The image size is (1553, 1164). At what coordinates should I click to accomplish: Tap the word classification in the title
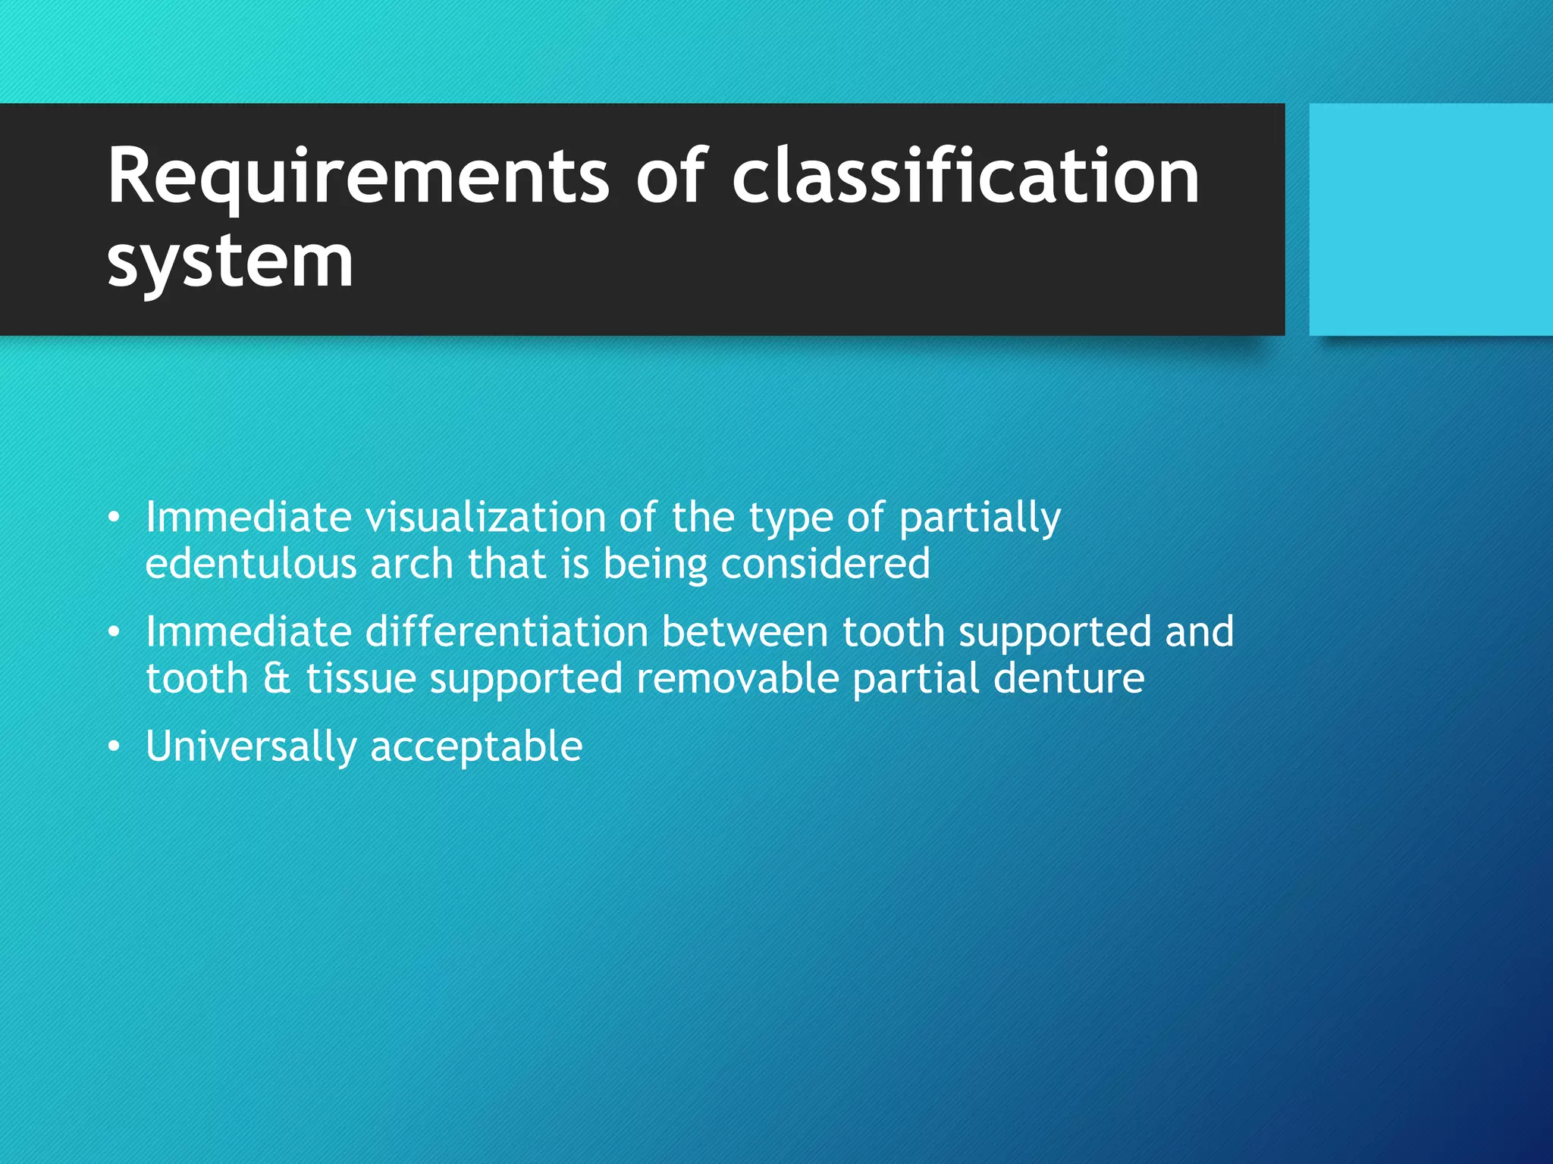coord(965,176)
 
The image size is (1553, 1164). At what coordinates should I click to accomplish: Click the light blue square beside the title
coord(1430,220)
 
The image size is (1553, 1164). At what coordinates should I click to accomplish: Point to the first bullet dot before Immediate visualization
coord(114,518)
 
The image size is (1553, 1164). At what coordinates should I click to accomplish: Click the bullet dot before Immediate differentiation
coord(114,632)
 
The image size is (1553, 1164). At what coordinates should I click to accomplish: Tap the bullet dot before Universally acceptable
coord(114,747)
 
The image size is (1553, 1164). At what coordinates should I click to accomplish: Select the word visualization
coord(485,517)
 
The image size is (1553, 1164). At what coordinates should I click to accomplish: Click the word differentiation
coord(506,631)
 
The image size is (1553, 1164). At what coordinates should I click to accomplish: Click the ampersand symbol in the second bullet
coord(277,678)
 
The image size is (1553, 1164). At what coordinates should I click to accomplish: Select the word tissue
coord(361,678)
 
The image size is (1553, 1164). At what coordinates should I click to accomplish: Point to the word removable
coord(737,678)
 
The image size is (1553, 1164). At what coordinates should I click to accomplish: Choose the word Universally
coord(250,747)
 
